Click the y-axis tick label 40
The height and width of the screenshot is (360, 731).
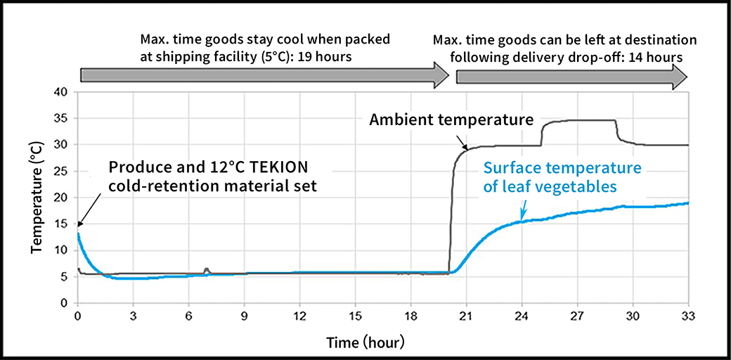tap(63, 92)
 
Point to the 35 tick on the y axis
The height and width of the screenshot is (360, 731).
tap(63, 118)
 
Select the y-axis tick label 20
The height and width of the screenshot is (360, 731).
tap(63, 198)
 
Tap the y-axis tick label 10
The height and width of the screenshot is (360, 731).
tap(63, 250)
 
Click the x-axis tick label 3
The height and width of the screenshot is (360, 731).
tap(133, 316)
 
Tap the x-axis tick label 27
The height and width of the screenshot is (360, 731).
tap(577, 316)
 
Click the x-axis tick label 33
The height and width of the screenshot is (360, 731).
tap(688, 316)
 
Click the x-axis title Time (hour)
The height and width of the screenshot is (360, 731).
tap(365, 342)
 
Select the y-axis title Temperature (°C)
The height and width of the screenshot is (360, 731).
tap(35, 198)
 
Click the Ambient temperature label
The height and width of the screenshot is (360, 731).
tap(451, 120)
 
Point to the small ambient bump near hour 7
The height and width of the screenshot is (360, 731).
tap(207, 269)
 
